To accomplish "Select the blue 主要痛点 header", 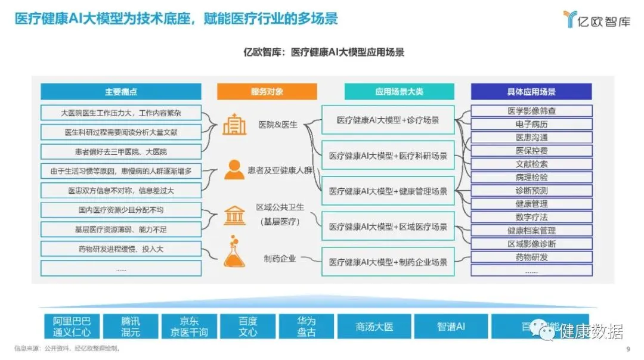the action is (x=121, y=92).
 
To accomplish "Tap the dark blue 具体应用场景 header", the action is (x=531, y=92).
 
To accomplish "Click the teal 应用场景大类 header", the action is (x=399, y=92).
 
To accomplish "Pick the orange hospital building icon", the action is (x=234, y=124).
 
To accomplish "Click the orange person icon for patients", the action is (x=234, y=170).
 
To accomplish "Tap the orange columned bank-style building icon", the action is (x=234, y=215).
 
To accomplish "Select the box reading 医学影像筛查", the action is (x=531, y=111).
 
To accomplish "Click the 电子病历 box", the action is (x=531, y=124).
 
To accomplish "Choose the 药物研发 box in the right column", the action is (x=531, y=257).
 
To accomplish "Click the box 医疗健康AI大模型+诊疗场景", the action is (x=388, y=120).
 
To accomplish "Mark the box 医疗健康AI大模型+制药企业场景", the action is (x=388, y=261).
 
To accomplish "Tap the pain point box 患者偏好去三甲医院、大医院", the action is (x=121, y=151).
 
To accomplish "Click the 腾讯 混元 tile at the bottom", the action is (x=131, y=327).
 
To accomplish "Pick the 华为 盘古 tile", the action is (x=306, y=327).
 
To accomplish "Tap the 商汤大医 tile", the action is (x=374, y=327).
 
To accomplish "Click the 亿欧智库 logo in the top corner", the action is (x=596, y=19).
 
